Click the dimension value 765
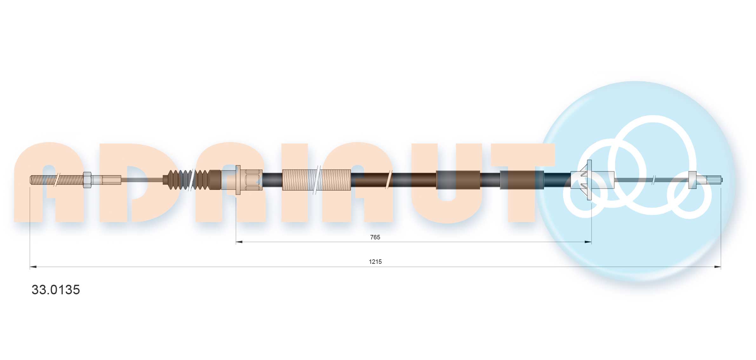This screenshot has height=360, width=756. [x=375, y=237]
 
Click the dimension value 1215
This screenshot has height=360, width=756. [x=375, y=262]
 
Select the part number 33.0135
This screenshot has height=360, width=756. [x=56, y=290]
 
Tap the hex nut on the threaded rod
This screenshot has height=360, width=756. [x=87, y=180]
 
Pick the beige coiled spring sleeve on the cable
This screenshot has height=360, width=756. [x=316, y=180]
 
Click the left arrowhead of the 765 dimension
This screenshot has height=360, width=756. [x=239, y=242]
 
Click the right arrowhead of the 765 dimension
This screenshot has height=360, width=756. [x=588, y=242]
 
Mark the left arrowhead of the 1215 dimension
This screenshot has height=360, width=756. [x=33, y=267]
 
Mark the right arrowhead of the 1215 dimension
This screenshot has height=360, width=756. [x=718, y=267]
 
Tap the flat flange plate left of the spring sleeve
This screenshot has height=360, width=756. [x=238, y=180]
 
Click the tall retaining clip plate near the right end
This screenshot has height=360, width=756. [x=589, y=180]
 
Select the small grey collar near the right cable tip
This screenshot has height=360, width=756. [x=692, y=180]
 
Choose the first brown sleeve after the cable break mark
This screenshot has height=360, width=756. [x=458, y=180]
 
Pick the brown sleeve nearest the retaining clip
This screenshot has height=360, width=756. [x=522, y=180]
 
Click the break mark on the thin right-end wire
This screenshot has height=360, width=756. [x=653, y=180]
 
